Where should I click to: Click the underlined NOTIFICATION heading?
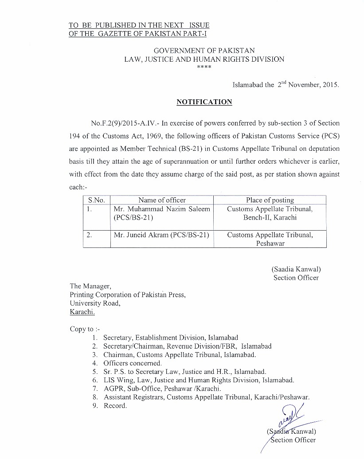click(x=204, y=102)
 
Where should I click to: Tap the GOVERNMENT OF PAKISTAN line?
click(x=204, y=51)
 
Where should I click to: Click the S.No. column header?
click(x=96, y=200)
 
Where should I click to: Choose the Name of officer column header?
click(x=162, y=200)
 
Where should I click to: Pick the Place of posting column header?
click(x=270, y=200)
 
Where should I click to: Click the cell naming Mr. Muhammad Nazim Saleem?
click(x=162, y=213)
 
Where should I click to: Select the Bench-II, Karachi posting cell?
click(x=270, y=218)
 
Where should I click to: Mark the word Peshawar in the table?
click(x=270, y=243)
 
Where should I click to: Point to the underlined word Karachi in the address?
click(x=82, y=312)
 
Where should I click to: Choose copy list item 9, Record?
click(x=115, y=406)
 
